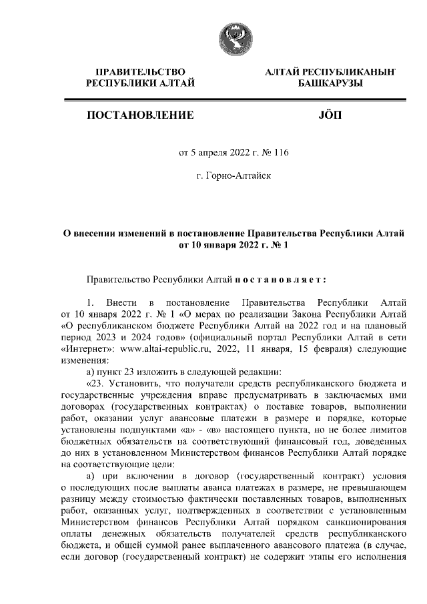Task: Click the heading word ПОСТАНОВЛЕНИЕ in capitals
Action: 140,115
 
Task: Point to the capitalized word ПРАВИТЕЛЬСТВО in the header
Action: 140,71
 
